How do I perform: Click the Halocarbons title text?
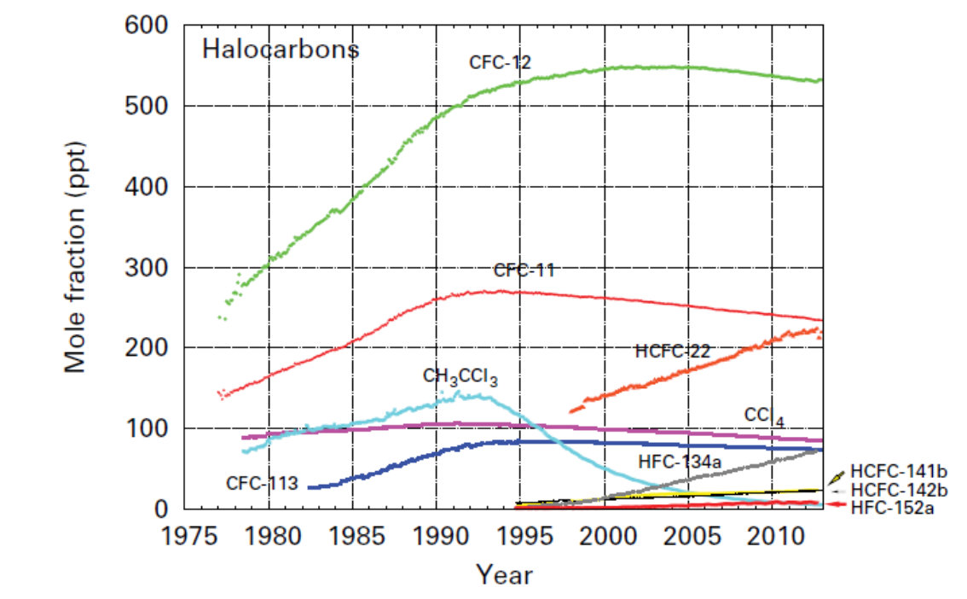[x=280, y=49]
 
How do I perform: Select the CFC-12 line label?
[x=500, y=62]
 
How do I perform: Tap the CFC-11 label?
[x=524, y=270]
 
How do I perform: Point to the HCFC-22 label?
[x=673, y=351]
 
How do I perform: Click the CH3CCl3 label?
[x=460, y=376]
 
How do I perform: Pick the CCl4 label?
[x=764, y=416]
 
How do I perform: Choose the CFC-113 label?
[x=262, y=483]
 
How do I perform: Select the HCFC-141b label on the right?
[x=900, y=472]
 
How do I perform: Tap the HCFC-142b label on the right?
[x=900, y=490]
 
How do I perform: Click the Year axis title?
[x=504, y=574]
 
